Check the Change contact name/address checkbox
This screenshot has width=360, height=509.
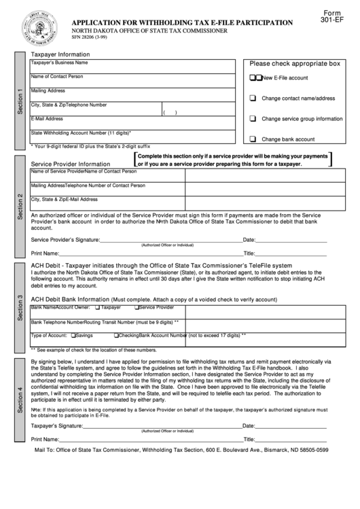coord(253,98)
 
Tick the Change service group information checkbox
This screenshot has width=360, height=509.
coord(253,118)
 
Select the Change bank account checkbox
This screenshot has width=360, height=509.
coord(253,139)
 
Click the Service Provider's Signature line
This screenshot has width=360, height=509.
coord(170,239)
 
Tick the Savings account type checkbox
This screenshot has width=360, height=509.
coord(74,336)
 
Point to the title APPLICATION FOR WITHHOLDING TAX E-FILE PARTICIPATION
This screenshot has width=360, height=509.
coord(183,22)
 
